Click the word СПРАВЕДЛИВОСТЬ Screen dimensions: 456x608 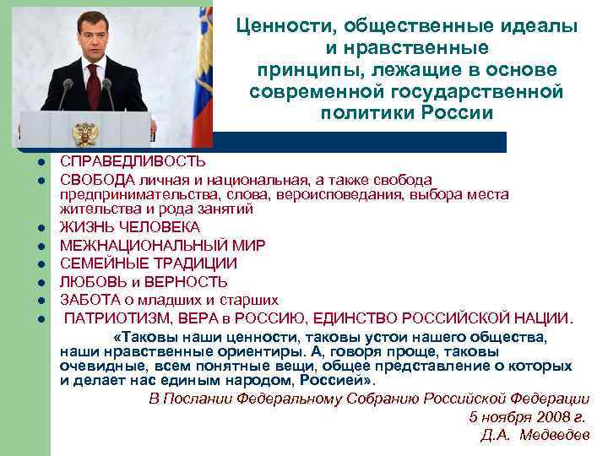[x=121, y=160]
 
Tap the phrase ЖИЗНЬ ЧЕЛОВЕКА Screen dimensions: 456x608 [x=130, y=227]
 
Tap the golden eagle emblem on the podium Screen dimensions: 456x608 [x=84, y=133]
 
